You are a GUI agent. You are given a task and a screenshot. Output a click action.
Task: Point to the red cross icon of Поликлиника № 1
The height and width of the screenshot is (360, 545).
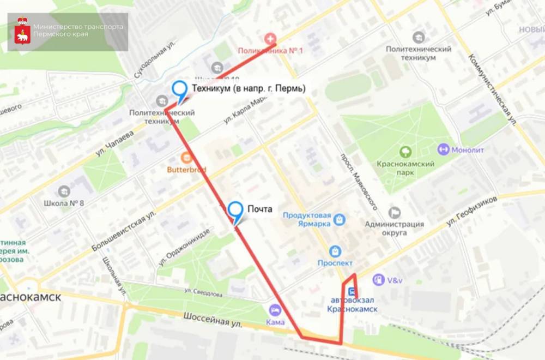[x=269, y=39]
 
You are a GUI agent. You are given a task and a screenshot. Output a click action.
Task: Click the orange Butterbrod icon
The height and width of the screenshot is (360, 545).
[x=186, y=158]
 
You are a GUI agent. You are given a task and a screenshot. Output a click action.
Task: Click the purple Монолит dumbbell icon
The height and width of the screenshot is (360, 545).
[x=443, y=148]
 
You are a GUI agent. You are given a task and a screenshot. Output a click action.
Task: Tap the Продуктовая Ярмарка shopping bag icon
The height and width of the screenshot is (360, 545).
[x=340, y=219]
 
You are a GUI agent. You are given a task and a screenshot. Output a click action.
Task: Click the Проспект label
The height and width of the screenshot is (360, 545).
[x=335, y=263]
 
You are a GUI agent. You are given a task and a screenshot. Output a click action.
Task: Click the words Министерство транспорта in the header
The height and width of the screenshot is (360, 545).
[x=78, y=27]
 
